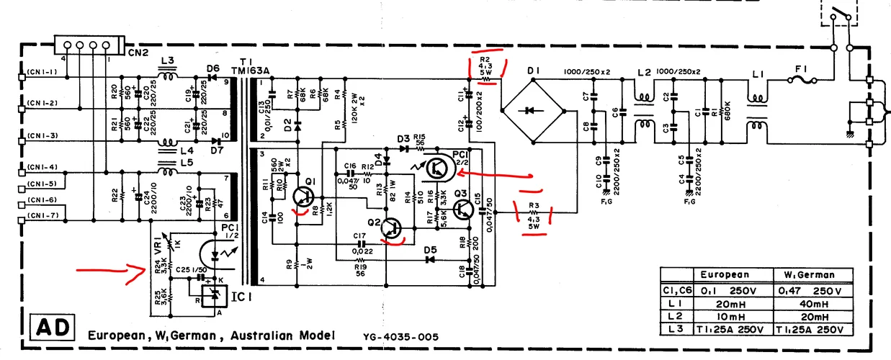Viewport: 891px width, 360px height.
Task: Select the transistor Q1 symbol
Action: click(304, 196)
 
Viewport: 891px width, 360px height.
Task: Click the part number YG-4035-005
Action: click(395, 336)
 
